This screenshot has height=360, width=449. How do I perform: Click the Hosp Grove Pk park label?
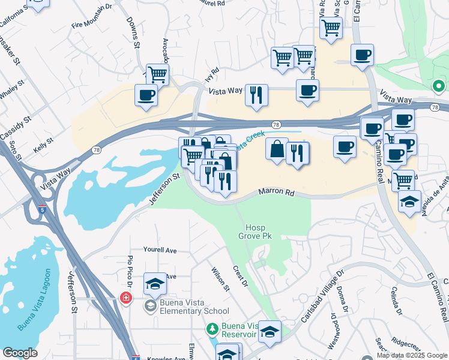click(259, 232)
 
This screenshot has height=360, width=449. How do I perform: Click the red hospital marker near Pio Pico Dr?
click(125, 297)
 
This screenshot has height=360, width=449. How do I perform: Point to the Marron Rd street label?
click(277, 193)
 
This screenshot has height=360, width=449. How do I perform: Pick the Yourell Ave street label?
click(160, 250)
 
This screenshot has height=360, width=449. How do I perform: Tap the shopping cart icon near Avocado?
click(157, 75)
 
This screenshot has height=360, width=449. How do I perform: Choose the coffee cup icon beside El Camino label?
click(362, 55)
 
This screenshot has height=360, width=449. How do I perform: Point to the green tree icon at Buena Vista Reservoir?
click(212, 329)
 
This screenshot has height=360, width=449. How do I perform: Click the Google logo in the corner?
click(20, 353)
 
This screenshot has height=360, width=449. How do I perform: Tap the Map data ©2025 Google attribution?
click(411, 355)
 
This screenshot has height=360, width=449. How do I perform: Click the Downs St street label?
click(133, 35)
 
